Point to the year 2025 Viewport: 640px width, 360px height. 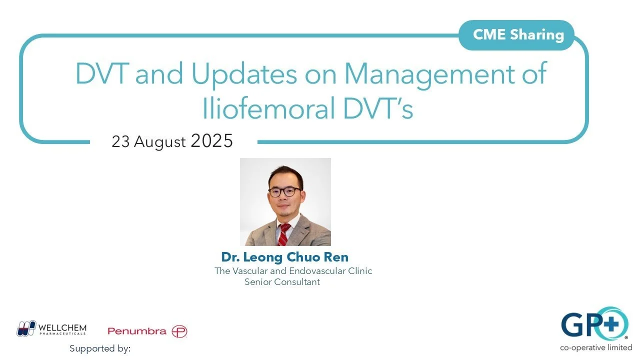coord(211,141)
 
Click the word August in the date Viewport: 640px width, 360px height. coord(159,142)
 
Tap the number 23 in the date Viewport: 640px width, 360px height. coord(120,142)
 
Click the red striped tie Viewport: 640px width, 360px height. coord(284,234)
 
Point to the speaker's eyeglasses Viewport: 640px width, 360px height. coord(284,191)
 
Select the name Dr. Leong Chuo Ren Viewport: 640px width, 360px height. coord(285,257)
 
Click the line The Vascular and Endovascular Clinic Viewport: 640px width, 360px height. coord(293,271)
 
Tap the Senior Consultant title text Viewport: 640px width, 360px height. coord(282,282)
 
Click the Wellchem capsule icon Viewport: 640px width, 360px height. coord(25,328)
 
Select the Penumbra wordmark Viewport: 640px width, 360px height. coord(136,331)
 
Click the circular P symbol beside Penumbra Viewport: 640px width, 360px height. coord(179,331)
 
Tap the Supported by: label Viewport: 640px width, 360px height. coord(100,348)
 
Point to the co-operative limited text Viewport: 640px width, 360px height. coord(596,347)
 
